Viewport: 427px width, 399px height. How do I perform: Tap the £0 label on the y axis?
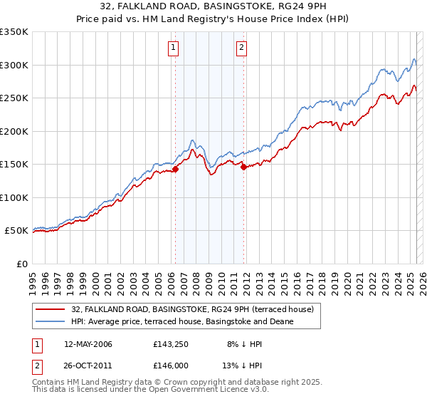(21, 264)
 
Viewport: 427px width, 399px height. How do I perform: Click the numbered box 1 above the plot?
(174, 48)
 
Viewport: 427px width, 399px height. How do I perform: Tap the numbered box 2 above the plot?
(242, 48)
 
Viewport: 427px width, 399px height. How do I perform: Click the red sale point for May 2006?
(175, 169)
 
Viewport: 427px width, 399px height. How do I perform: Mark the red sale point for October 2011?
(243, 167)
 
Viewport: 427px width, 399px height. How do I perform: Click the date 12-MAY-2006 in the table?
(88, 344)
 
